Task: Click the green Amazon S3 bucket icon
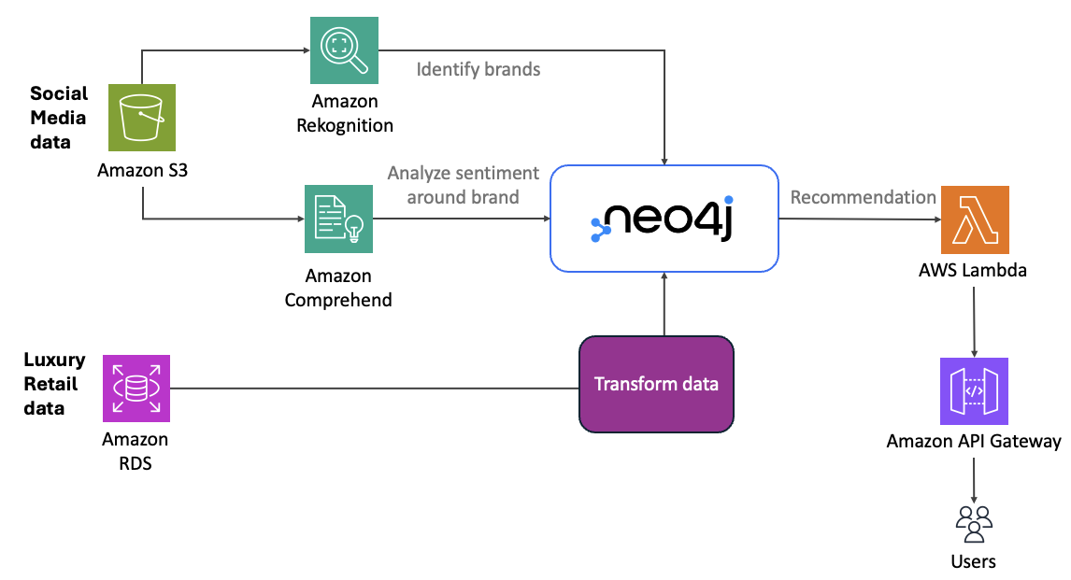tap(142, 117)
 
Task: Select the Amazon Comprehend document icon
tap(338, 219)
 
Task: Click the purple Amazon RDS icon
tap(136, 389)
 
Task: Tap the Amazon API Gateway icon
tap(975, 391)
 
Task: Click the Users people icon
tap(974, 523)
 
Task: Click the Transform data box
tap(656, 384)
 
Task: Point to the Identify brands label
tap(478, 69)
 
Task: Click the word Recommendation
tap(863, 197)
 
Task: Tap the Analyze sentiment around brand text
tap(464, 185)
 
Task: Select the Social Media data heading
tap(59, 118)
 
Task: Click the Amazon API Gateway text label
tap(974, 442)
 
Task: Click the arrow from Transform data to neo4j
tap(663, 304)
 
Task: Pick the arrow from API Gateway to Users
tap(974, 479)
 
